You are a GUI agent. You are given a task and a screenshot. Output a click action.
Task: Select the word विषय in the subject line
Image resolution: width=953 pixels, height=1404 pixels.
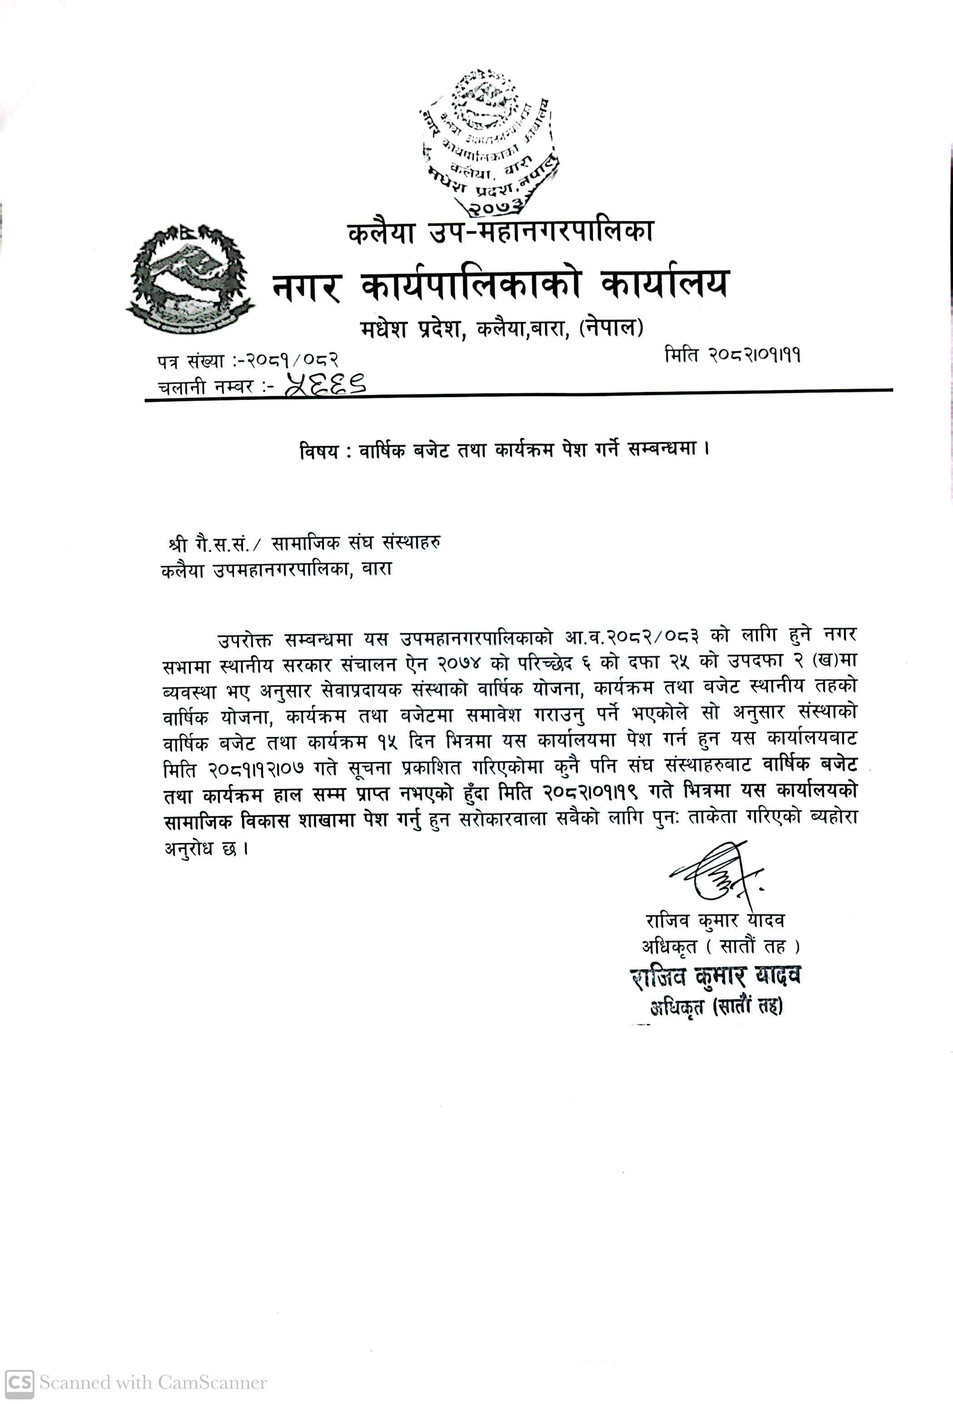click(x=318, y=451)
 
